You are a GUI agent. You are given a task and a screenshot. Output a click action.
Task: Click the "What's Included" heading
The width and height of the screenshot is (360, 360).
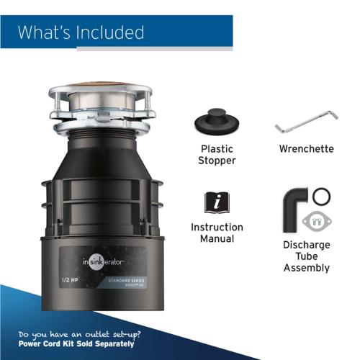(81, 32)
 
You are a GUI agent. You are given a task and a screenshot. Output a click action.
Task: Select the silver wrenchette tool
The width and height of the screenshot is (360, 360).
(306, 123)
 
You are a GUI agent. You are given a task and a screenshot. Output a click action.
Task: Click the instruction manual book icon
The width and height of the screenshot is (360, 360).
(217, 202)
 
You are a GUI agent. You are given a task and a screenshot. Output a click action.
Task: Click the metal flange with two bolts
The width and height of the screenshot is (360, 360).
(315, 219)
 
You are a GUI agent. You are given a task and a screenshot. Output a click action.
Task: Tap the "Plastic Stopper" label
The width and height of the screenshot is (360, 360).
(217, 155)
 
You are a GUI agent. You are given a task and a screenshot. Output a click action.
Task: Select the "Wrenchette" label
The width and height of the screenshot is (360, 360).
(306, 149)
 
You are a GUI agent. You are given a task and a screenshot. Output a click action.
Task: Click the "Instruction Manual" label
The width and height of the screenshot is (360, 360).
(217, 233)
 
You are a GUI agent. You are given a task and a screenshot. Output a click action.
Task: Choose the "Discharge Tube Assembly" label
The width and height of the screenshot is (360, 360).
(306, 256)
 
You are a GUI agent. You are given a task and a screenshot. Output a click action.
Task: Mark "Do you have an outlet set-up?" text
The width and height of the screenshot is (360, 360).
(77, 336)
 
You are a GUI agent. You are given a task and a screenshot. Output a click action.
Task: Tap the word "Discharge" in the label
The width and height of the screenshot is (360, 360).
(306, 244)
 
